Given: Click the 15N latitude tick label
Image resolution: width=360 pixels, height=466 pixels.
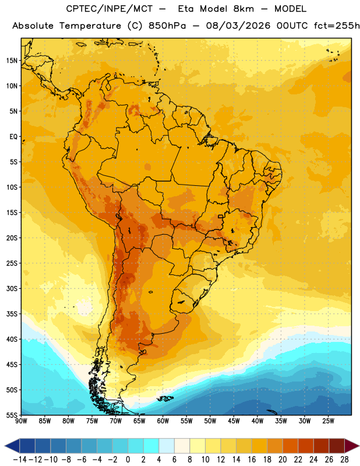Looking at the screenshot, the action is [12, 61].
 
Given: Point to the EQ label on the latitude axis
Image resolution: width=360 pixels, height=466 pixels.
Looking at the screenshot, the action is [13, 137].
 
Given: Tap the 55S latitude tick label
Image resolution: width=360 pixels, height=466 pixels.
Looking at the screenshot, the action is [12, 415].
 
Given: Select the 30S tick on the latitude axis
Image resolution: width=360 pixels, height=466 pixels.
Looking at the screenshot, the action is [12, 288].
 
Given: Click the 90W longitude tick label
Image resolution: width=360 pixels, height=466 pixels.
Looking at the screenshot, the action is [21, 421].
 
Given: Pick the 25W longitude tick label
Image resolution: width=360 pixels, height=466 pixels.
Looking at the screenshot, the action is [328, 421].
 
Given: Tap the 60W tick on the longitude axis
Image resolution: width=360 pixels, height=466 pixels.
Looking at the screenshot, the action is [163, 421].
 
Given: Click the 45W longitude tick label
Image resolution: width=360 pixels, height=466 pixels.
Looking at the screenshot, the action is [234, 421].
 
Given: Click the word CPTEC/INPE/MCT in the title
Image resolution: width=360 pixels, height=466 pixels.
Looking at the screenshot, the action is [109, 9].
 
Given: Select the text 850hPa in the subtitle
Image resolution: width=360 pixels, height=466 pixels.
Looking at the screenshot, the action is [167, 26].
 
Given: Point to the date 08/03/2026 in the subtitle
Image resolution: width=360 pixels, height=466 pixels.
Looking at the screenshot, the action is [238, 26].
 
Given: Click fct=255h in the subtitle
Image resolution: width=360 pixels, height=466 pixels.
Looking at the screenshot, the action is [337, 26].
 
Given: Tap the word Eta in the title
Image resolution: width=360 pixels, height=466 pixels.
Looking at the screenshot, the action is [186, 9].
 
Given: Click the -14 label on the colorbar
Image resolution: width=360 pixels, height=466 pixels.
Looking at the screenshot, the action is [20, 460].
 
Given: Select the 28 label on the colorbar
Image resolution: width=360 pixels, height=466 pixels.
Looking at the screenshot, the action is [344, 460].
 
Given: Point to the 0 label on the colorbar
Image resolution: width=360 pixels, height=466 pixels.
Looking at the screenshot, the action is [128, 460].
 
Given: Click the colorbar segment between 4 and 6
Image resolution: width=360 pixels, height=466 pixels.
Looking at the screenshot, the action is [167, 446].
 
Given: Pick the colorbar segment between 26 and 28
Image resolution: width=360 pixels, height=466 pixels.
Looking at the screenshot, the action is [337, 446].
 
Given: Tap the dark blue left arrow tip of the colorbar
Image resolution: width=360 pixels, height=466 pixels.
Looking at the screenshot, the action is [5, 446].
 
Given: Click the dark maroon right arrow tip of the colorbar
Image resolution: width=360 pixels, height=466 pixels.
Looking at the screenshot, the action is [358, 446].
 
